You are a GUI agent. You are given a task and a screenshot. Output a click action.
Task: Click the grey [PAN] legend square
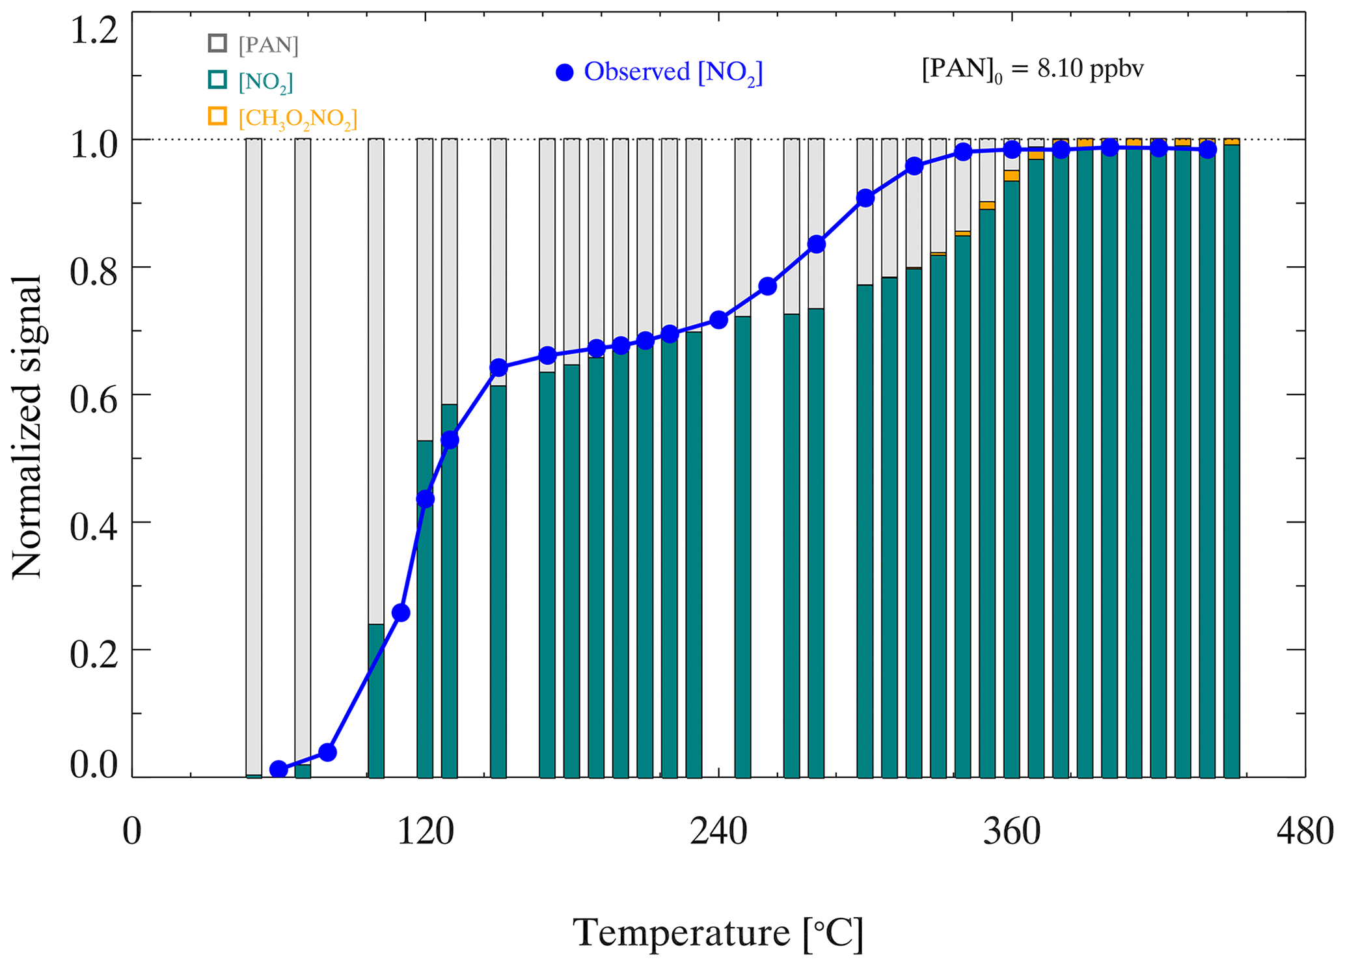click(x=217, y=43)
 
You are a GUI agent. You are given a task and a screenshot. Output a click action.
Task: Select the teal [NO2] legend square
click(x=217, y=80)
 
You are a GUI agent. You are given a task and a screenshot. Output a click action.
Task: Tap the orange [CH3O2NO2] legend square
click(x=217, y=117)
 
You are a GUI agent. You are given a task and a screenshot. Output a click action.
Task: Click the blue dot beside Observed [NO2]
click(x=565, y=72)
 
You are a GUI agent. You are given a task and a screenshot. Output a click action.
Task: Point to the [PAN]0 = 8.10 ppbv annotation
click(x=1033, y=70)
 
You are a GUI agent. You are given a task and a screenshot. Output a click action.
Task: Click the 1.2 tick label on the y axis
click(x=94, y=31)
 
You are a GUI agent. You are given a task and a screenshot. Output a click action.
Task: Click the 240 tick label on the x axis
click(x=718, y=833)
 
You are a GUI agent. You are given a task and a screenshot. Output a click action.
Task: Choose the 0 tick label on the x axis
click(x=132, y=833)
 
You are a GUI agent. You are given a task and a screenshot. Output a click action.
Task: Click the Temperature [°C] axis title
click(x=718, y=933)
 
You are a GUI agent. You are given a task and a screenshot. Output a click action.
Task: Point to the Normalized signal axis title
click(x=27, y=426)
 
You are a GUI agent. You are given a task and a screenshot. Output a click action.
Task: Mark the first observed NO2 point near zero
click(x=279, y=769)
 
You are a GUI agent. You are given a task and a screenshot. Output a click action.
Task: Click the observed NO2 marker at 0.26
click(x=401, y=613)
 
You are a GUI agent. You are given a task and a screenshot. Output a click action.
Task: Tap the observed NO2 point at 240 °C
click(x=718, y=320)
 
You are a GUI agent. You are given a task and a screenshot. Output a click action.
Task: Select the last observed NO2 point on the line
click(x=1208, y=150)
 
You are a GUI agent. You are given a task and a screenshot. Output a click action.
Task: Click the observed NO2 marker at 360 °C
click(x=1012, y=150)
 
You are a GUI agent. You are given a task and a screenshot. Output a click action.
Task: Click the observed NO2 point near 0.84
click(x=817, y=244)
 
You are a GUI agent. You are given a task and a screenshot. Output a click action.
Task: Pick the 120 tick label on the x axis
click(x=426, y=833)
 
